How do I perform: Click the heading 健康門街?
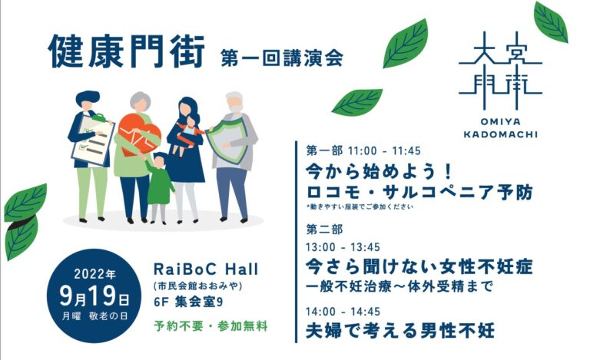pos(127,52)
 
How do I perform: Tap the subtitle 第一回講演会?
pos(282,58)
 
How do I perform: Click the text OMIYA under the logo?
pos(500,122)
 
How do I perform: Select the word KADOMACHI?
pos(500,134)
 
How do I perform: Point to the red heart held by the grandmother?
pos(139,135)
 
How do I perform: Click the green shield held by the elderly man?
pos(226,138)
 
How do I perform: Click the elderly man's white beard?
pos(236,109)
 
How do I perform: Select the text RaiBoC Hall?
pos(206,269)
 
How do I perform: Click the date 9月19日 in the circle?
pos(94,296)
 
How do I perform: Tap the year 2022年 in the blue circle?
pos(94,274)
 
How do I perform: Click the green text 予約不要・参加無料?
pos(210,325)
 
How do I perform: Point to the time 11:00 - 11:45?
pos(384,151)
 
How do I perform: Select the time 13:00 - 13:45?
pos(343,247)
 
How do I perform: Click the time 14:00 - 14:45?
pos(343,312)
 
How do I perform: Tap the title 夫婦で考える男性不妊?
pos(400,330)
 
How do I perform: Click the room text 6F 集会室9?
pos(188,302)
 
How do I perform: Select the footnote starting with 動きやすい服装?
pos(360,206)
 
